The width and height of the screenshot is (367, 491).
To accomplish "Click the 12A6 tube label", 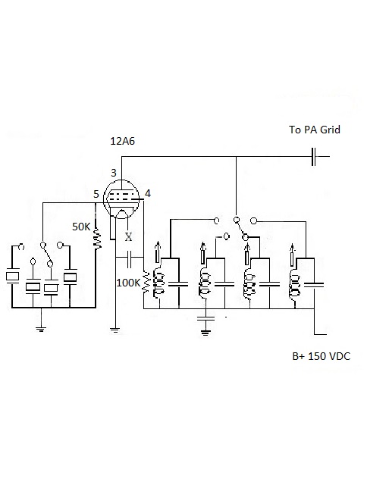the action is point(122,141).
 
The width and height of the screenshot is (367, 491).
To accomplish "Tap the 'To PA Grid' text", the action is point(315,130).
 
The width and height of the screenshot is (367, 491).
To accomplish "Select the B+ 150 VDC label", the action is point(322,356).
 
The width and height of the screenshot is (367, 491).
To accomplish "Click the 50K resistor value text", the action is point(81,227).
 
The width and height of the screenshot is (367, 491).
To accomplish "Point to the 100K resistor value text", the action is point(128,283).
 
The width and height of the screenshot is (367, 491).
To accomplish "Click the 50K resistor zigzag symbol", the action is point(97,239).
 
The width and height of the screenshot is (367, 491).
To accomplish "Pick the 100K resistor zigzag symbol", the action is point(146,283).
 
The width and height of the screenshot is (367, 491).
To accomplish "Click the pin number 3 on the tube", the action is point(114,173).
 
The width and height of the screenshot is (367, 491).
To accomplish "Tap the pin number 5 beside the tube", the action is point(96,194).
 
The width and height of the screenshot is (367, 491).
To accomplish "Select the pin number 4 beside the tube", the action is point(148,193).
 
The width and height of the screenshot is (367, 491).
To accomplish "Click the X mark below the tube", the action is point(128,237).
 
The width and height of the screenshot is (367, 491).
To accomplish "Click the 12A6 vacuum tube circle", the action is point(121,198).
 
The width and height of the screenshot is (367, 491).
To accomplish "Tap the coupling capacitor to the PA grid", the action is point(313,156).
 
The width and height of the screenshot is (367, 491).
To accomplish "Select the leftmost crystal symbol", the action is point(13,277).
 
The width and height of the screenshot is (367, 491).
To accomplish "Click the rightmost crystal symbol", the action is point(70,277).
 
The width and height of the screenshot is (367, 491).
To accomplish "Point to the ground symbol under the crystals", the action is point(41,329).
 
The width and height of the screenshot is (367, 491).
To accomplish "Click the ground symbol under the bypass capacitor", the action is point(205,333).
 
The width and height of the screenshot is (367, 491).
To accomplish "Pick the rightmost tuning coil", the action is point(294,285).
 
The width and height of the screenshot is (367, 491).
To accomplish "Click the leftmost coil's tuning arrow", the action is point(158,252).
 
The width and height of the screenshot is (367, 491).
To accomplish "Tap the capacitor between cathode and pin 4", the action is point(130,258).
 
